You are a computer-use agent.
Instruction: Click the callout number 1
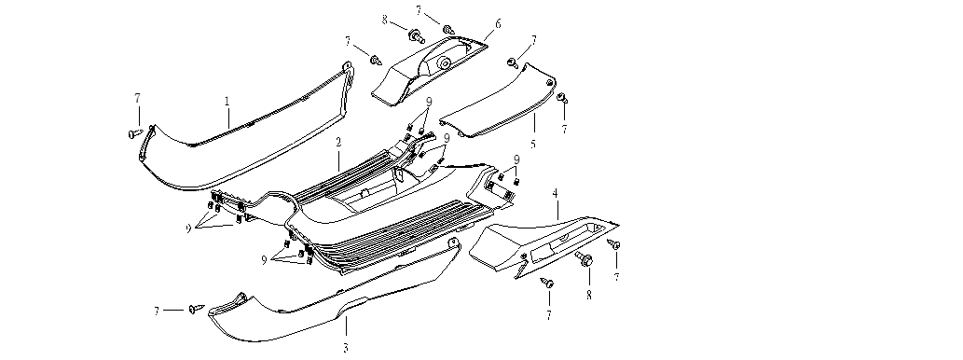coord(227,101)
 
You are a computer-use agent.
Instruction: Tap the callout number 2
coord(338,142)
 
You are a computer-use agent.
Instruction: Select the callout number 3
coord(346,348)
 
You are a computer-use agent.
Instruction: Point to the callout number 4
coord(556,193)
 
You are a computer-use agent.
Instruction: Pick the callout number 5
coord(533,145)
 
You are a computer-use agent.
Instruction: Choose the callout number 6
coord(498,24)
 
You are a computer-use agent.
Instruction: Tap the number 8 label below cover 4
coord(589,295)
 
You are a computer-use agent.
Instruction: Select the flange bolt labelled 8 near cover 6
coord(416,35)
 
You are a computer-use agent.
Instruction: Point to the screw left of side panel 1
coord(136,132)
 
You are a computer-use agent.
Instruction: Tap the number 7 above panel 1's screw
coord(138,98)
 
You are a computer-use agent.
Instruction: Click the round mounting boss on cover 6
coord(442,62)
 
